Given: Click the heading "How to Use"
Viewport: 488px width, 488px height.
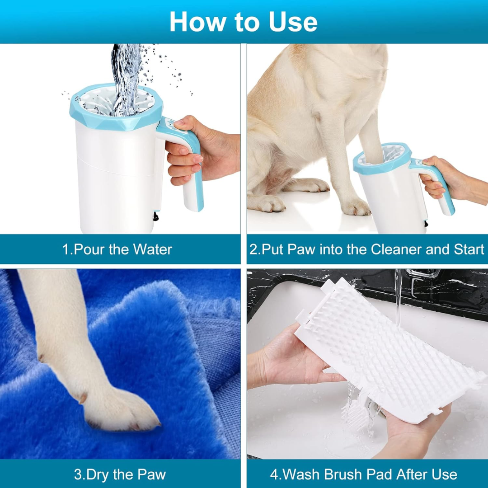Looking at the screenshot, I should pos(243,21).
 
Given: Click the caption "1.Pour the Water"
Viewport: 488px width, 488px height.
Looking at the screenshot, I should pos(117,249).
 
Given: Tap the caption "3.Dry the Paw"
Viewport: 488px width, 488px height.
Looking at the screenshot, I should pos(120,474).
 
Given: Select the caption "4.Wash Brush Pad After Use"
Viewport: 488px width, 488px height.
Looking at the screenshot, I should pos(363,474).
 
